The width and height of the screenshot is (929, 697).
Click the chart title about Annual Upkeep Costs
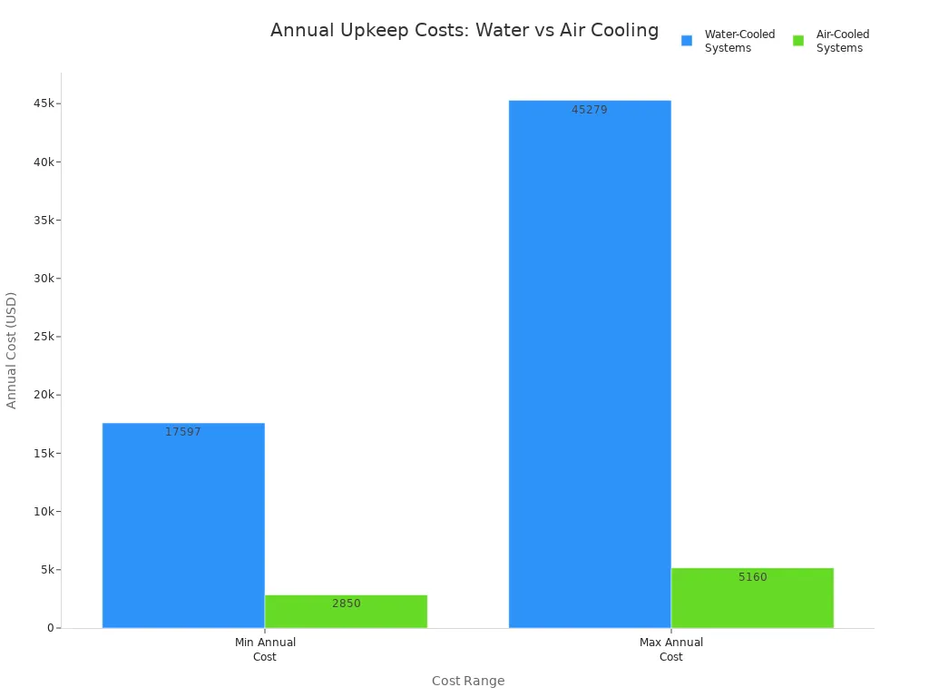coord(464,31)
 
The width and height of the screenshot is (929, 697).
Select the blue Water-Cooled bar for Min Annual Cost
coord(183,526)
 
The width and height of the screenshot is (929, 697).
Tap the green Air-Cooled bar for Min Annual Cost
coord(346,613)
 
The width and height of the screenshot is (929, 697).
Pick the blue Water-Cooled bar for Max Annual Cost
coord(590,363)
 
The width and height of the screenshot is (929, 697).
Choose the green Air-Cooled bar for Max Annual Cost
coord(752,599)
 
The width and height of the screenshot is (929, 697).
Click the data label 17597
coord(183,432)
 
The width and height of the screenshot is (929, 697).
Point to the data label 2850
coord(346,604)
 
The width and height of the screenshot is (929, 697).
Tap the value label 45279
coord(590,110)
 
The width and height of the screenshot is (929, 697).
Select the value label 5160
coord(752,577)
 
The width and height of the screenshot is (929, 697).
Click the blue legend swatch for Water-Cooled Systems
coord(687,41)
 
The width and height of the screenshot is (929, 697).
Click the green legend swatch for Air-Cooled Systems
coord(798,41)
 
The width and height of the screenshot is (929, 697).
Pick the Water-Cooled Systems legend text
coord(739,41)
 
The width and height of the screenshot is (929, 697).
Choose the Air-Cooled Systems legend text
coord(842,41)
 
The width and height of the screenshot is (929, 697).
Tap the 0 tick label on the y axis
coord(51,628)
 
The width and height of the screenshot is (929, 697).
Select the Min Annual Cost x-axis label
coord(265,649)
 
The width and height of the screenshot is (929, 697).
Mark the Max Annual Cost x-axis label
coord(671,649)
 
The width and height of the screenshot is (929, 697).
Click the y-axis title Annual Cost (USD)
coord(12,349)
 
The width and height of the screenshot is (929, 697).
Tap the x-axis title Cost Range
coord(468,681)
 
